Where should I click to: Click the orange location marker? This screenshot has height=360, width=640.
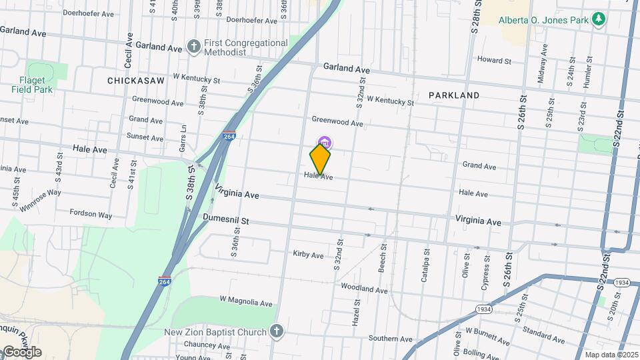pos(320,160)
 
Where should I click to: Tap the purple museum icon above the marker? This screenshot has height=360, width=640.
pos(325,142)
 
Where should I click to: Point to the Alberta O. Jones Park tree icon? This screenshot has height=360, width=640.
pos(599,19)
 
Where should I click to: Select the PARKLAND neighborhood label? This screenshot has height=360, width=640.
pos(454,95)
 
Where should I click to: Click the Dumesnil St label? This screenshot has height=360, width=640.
pos(226,219)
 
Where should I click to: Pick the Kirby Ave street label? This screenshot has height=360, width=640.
pos(308,255)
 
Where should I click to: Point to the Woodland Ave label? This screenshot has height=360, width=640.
pos(364,290)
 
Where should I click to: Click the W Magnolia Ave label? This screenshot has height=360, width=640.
pos(246,303)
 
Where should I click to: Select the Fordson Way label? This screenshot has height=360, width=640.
pos(91,214)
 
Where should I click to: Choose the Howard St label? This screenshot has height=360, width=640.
pos(494,60)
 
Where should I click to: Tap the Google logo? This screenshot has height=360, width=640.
pos(21,352)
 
